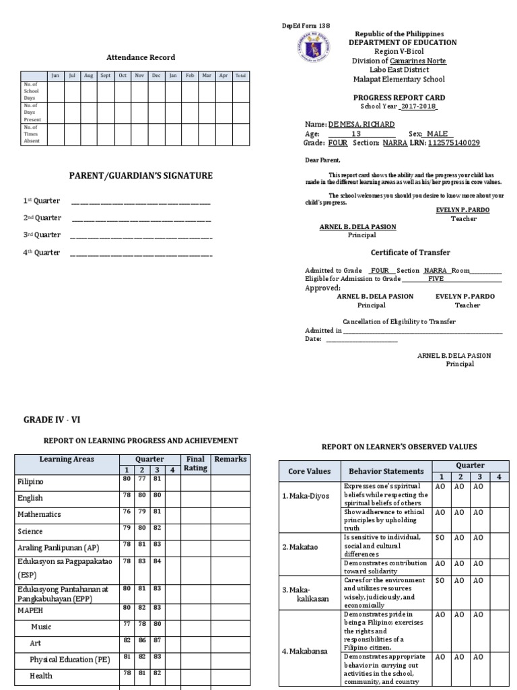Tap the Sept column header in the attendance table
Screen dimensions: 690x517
pyautogui.click(x=106, y=76)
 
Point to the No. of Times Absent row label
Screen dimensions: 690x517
pyautogui.click(x=32, y=134)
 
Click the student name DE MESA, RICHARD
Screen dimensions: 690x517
pyautogui.click(x=361, y=125)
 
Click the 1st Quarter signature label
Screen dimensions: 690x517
pyautogui.click(x=42, y=201)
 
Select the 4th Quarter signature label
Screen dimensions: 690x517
pyautogui.click(x=42, y=253)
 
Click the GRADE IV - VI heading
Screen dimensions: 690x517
pyautogui.click(x=52, y=419)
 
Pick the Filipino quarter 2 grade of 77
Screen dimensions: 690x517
pyautogui.click(x=142, y=479)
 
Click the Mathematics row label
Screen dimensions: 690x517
pyautogui.click(x=38, y=514)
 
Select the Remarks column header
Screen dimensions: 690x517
pyautogui.click(x=230, y=460)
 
